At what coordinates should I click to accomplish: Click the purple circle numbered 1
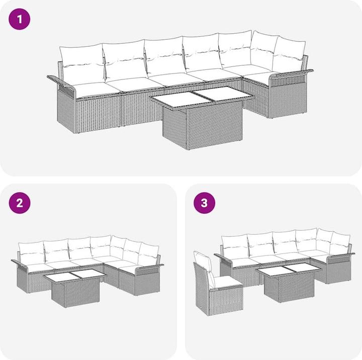[20, 19]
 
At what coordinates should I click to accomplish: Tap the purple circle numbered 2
[20, 203]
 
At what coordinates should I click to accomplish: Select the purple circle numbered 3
[204, 203]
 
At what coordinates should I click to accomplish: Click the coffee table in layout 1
[201, 118]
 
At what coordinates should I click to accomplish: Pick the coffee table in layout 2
[75, 288]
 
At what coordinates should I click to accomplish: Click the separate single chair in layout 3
[217, 284]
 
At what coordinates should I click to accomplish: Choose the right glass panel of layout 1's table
[222, 93]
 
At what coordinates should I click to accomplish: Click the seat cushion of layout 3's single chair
[227, 282]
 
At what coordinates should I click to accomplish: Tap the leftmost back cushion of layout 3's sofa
[235, 247]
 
